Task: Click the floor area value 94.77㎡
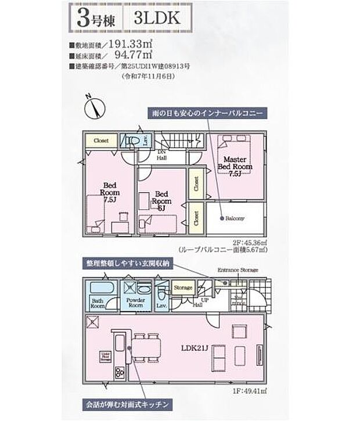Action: [x=134, y=55]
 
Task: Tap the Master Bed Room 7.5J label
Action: [x=235, y=166]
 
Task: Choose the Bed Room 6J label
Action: [x=161, y=200]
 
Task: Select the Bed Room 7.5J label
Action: [x=110, y=192]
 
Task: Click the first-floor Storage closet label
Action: [x=183, y=288]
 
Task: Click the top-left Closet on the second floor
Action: [x=101, y=141]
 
